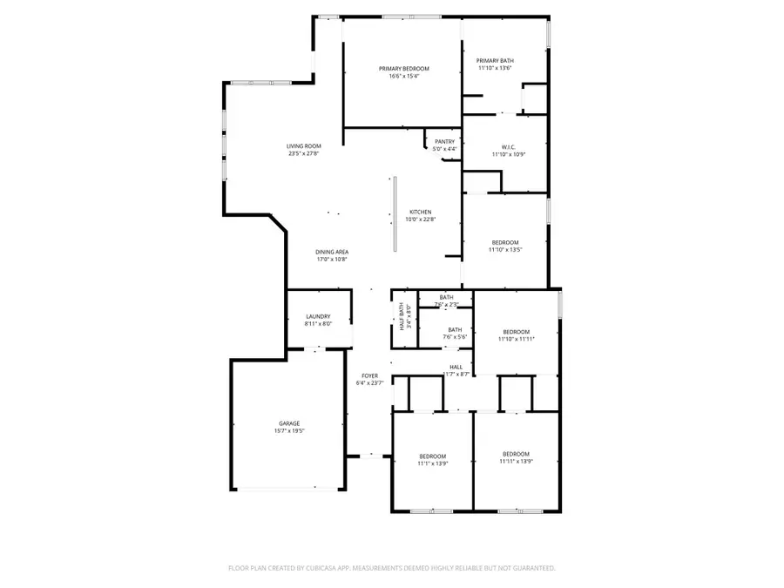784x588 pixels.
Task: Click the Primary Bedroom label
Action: click(403, 69)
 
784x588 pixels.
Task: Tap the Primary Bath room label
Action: click(494, 61)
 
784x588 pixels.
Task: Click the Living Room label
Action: click(304, 146)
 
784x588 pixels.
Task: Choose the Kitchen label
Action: click(421, 213)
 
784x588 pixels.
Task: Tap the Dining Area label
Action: click(332, 252)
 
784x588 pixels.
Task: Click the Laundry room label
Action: click(317, 316)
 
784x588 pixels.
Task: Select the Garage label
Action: click(289, 423)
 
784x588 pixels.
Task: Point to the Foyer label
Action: click(369, 375)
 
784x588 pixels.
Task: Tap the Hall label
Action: click(456, 367)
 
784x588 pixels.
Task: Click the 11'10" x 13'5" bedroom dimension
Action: click(505, 250)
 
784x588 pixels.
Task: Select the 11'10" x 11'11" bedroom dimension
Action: click(516, 339)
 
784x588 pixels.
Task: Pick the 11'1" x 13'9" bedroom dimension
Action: click(433, 463)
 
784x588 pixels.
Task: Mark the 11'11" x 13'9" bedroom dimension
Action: click(516, 462)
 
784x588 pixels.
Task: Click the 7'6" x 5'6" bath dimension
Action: click(455, 337)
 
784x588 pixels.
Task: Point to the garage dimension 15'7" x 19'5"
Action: click(289, 431)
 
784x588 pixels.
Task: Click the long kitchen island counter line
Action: click(395, 214)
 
